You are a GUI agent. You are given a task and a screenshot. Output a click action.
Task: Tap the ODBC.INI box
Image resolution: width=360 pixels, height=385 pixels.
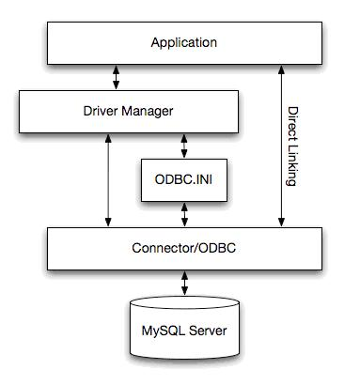point(183,177)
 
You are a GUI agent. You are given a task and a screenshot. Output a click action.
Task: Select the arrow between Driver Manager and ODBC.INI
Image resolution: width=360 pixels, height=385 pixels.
point(184,144)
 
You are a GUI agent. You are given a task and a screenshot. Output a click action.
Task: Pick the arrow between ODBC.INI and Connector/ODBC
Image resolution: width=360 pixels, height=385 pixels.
point(184,213)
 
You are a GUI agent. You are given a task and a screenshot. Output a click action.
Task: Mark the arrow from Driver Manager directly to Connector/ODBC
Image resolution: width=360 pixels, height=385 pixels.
point(110,178)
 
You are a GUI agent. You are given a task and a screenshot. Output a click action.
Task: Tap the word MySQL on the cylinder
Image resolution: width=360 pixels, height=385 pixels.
point(163,331)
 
